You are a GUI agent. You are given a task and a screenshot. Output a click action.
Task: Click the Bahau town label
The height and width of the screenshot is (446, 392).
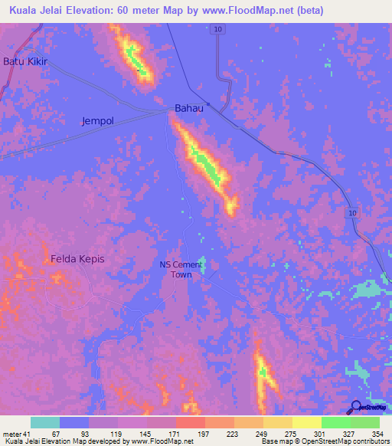point(189,108)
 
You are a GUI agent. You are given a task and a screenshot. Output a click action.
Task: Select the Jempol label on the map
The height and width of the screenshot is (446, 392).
point(97,121)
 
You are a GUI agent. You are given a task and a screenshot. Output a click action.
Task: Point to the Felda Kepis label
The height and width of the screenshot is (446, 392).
point(77,259)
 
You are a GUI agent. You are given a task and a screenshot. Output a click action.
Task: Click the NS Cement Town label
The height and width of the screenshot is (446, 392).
point(181,270)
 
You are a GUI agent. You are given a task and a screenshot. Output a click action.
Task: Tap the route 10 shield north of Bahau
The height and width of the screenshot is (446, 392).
point(219,28)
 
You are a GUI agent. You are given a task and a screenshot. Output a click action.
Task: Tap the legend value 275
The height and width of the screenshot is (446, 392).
point(291,433)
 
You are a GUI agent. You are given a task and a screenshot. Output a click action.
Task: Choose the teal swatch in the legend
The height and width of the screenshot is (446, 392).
point(45,422)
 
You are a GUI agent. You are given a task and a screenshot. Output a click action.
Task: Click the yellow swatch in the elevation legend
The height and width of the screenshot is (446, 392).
point(306,422)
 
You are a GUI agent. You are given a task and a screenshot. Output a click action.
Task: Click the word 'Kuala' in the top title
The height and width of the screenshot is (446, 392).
point(24,11)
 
